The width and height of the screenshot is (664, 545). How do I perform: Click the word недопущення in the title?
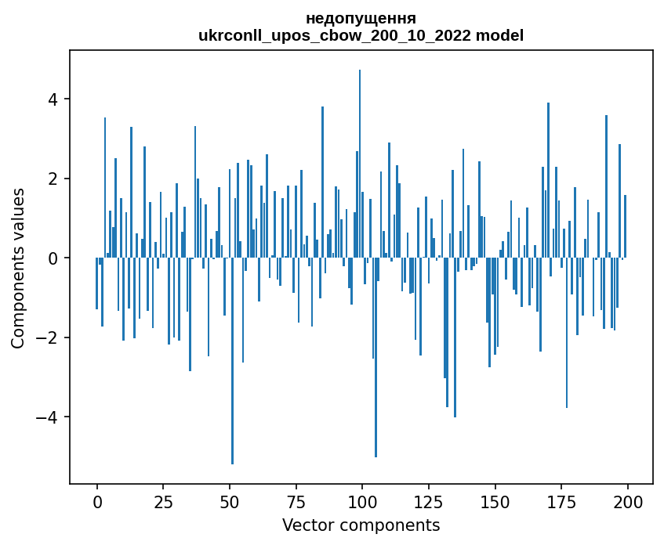pyautogui.click(x=361, y=18)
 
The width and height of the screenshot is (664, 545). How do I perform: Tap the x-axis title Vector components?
pyautogui.click(x=361, y=525)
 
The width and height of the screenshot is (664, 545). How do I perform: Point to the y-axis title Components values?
pyautogui.click(x=18, y=267)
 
